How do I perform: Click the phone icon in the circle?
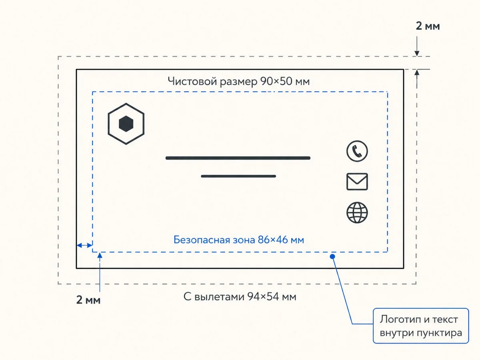pyautogui.click(x=357, y=151)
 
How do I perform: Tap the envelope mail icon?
pyautogui.click(x=357, y=182)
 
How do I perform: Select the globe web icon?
pyautogui.click(x=357, y=212)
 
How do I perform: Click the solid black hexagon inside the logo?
pyautogui.click(x=126, y=124)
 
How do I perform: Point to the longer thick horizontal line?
pyautogui.click(x=238, y=158)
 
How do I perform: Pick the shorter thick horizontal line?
pyautogui.click(x=238, y=176)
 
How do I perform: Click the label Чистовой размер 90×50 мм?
pyautogui.click(x=238, y=81)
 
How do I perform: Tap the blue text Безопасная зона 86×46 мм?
pyautogui.click(x=238, y=240)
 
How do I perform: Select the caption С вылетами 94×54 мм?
pyautogui.click(x=240, y=297)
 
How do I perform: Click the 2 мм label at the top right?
pyautogui.click(x=428, y=26)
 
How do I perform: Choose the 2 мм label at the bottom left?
pyautogui.click(x=88, y=300)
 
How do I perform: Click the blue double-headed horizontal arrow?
pyautogui.click(x=84, y=245)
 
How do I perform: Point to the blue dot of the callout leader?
pyautogui.click(x=332, y=256)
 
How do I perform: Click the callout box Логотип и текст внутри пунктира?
pyautogui.click(x=421, y=326)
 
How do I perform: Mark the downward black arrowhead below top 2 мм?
pyautogui.click(x=417, y=53)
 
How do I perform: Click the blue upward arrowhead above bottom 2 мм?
pyautogui.click(x=100, y=255)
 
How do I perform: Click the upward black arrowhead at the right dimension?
pyautogui.click(x=417, y=72)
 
